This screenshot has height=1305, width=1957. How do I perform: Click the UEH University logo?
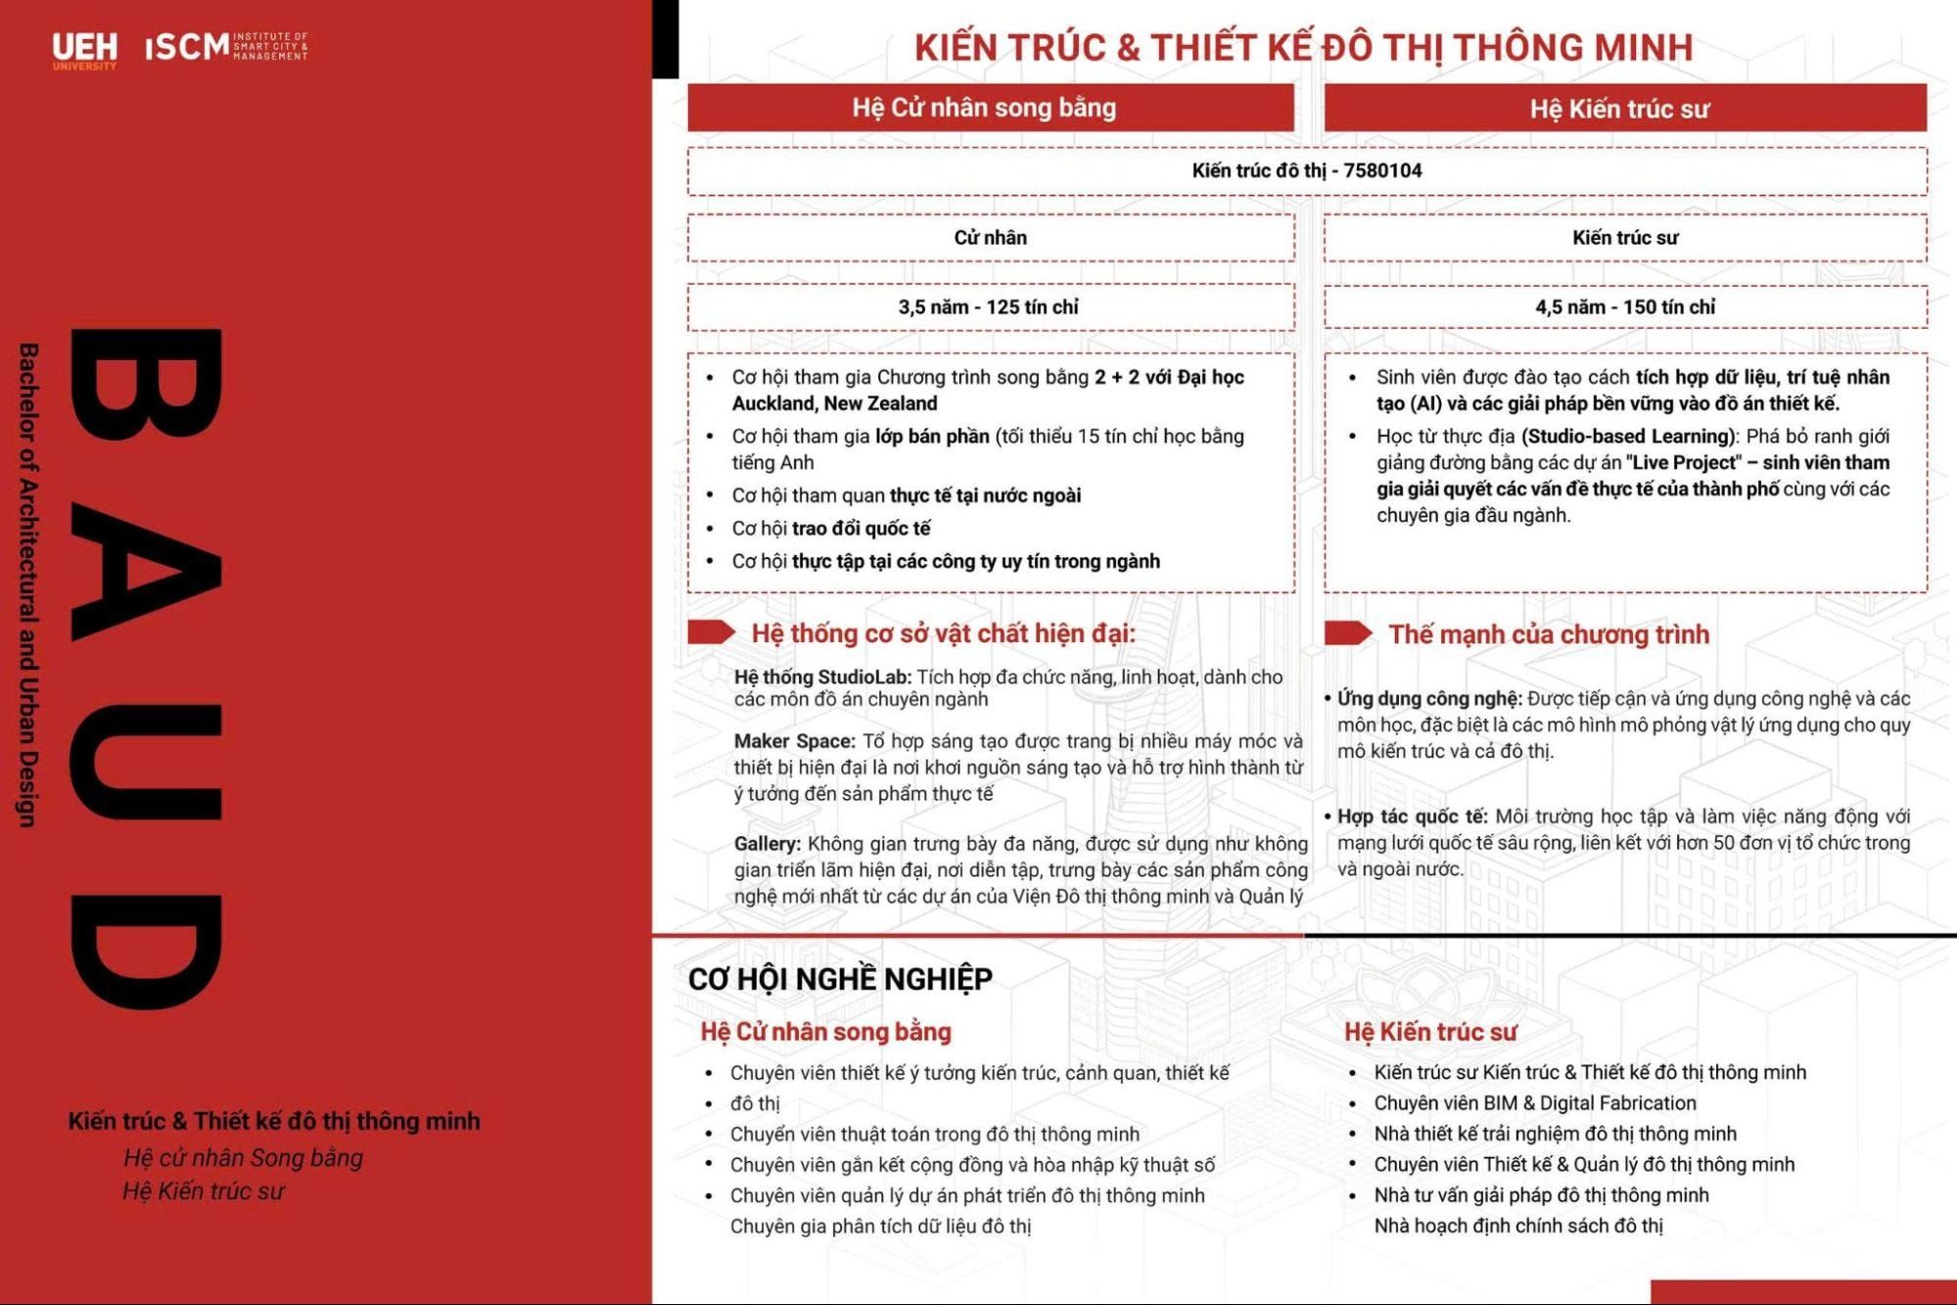pyautogui.click(x=84, y=50)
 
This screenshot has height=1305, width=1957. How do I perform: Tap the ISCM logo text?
pyautogui.click(x=188, y=46)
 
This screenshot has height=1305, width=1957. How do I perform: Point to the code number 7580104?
pyautogui.click(x=1382, y=170)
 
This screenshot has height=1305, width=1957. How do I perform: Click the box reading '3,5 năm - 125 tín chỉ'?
pyautogui.click(x=990, y=307)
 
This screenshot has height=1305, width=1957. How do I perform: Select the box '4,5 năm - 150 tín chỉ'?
pyautogui.click(x=1624, y=307)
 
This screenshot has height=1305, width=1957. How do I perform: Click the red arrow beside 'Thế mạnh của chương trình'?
pyautogui.click(x=1348, y=633)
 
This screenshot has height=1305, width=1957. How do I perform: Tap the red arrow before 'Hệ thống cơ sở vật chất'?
pyautogui.click(x=712, y=632)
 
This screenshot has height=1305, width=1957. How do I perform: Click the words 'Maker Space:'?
pyautogui.click(x=794, y=741)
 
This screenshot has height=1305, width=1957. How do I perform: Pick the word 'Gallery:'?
pyautogui.click(x=768, y=844)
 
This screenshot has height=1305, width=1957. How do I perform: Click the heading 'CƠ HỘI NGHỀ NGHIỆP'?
pyautogui.click(x=840, y=978)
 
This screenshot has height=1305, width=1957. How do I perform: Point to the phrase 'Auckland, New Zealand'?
pyautogui.click(x=834, y=403)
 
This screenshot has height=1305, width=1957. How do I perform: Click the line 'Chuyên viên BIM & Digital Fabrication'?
pyautogui.click(x=1534, y=1103)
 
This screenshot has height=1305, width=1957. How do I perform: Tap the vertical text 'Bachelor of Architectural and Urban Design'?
pyautogui.click(x=28, y=584)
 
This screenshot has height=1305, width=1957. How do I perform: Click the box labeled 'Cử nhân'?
pyautogui.click(x=990, y=238)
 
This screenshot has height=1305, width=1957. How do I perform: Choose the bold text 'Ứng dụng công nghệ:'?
pyautogui.click(x=1429, y=699)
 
